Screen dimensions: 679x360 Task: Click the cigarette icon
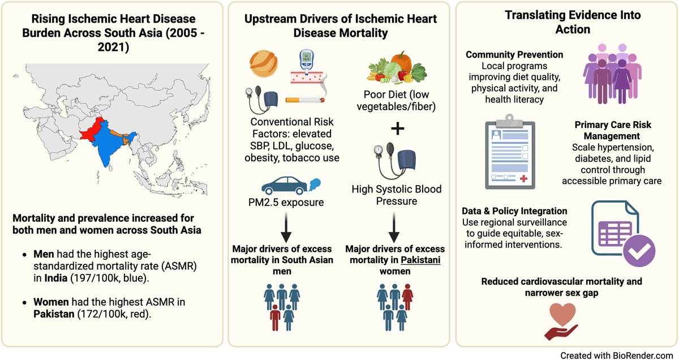click(305, 100)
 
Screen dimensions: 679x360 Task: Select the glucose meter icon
click(307, 62)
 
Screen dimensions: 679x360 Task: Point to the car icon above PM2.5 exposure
click(285, 186)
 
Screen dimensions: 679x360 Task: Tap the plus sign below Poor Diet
click(397, 128)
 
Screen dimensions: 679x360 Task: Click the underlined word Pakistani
click(420, 260)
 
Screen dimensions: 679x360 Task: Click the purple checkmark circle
click(639, 251)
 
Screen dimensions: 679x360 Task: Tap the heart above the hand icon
click(562, 315)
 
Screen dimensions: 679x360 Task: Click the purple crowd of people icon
click(612, 74)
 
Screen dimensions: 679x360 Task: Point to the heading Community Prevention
click(514, 54)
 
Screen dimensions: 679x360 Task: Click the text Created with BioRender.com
click(617, 355)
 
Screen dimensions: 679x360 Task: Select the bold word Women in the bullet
click(51, 302)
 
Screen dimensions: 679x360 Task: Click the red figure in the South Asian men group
click(275, 318)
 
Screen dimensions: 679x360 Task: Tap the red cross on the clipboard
click(523, 179)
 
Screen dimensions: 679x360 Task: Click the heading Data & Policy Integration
click(514, 211)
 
